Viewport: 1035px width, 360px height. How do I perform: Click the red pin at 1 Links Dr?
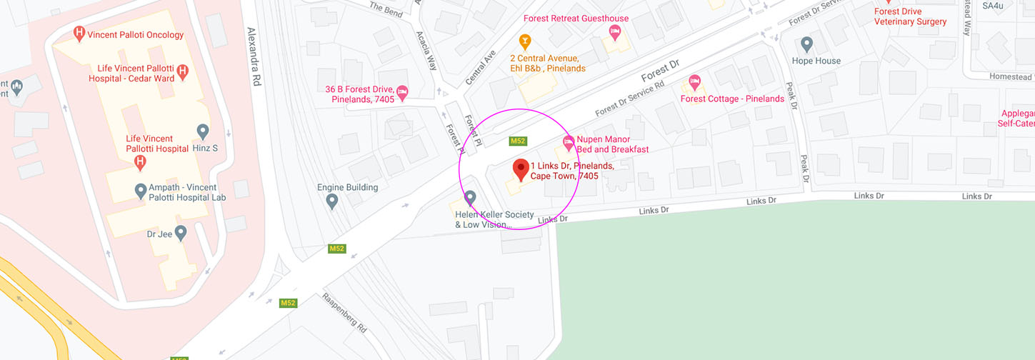point(521,169)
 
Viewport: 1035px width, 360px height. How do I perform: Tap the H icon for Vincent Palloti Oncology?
point(80,34)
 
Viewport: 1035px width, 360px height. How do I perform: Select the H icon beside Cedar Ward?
point(183,71)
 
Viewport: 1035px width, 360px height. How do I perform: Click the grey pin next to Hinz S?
point(203,131)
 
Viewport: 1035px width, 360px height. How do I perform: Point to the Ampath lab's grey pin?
point(141,191)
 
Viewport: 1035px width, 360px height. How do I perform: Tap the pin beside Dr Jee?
point(181,232)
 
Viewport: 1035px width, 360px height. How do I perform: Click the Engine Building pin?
point(331,201)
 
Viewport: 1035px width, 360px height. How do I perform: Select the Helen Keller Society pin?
point(470,197)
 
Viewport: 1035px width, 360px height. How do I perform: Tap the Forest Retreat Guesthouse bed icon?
point(614,31)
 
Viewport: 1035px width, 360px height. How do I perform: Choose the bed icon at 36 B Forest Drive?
point(402,91)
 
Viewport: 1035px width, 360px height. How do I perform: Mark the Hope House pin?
point(807,44)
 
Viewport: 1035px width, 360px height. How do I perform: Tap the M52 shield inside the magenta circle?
point(518,141)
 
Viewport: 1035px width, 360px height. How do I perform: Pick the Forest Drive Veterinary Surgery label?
point(911,16)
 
